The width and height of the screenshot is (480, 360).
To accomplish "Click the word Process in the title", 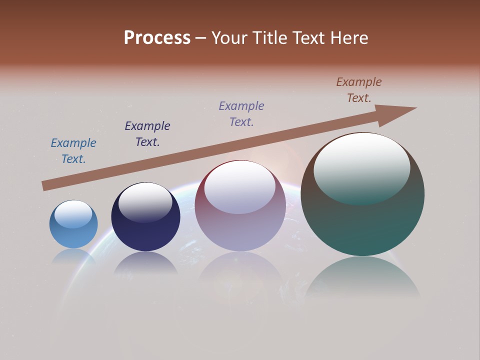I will [x=157, y=38].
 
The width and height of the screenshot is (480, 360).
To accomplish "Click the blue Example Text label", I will [x=73, y=151].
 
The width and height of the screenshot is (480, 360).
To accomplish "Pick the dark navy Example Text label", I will [x=147, y=134].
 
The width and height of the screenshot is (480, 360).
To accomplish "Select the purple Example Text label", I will [x=241, y=113].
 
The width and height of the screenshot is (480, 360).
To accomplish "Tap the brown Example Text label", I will [x=359, y=90].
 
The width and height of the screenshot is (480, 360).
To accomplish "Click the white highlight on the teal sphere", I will [x=362, y=167].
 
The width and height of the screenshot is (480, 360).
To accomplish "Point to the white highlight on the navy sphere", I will [x=145, y=201].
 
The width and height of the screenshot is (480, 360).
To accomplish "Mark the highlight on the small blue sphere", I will [x=73, y=214].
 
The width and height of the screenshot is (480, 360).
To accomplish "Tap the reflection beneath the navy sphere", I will [x=145, y=263].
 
